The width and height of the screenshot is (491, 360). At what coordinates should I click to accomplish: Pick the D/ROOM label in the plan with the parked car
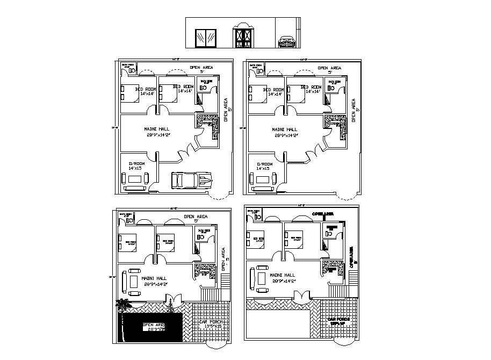click(x=136, y=163)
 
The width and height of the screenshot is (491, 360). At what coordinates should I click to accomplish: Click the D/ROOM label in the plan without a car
click(x=264, y=163)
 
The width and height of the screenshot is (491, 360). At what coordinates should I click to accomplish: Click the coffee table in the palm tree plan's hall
click(x=133, y=279)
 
